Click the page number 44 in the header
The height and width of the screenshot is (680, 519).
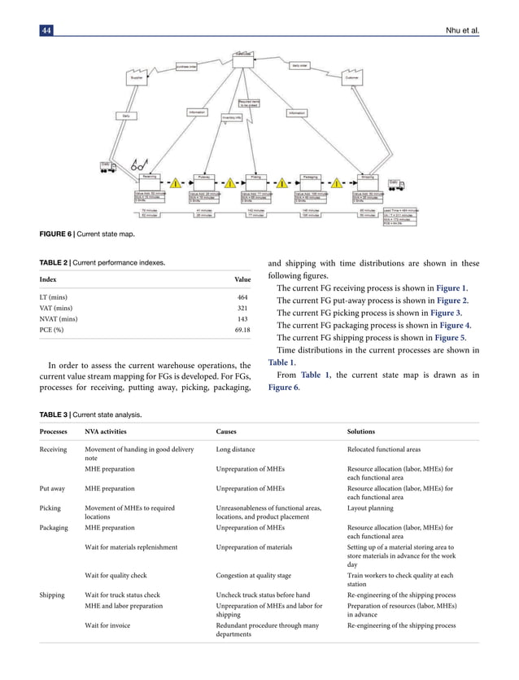pyautogui.click(x=46, y=31)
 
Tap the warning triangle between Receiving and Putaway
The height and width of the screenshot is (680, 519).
pyautogui.click(x=176, y=182)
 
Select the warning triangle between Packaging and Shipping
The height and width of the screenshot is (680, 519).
pyautogui.click(x=338, y=182)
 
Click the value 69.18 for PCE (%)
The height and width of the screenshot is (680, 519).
pyautogui.click(x=242, y=331)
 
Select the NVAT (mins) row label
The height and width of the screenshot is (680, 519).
pyautogui.click(x=57, y=320)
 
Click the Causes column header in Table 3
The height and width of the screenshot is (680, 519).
pyautogui.click(x=227, y=431)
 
